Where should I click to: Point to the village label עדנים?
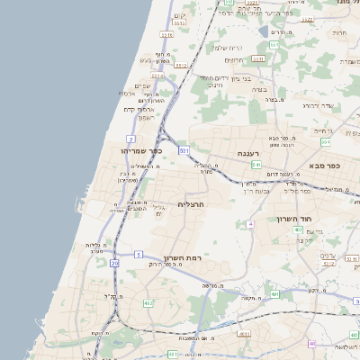point(328,255)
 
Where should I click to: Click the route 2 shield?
point(131,139)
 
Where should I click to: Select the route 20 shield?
point(114,263)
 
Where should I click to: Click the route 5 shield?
point(139,255)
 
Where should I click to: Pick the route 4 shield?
point(248,223)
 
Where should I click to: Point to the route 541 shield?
point(256,166)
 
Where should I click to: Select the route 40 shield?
point(312,343)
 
